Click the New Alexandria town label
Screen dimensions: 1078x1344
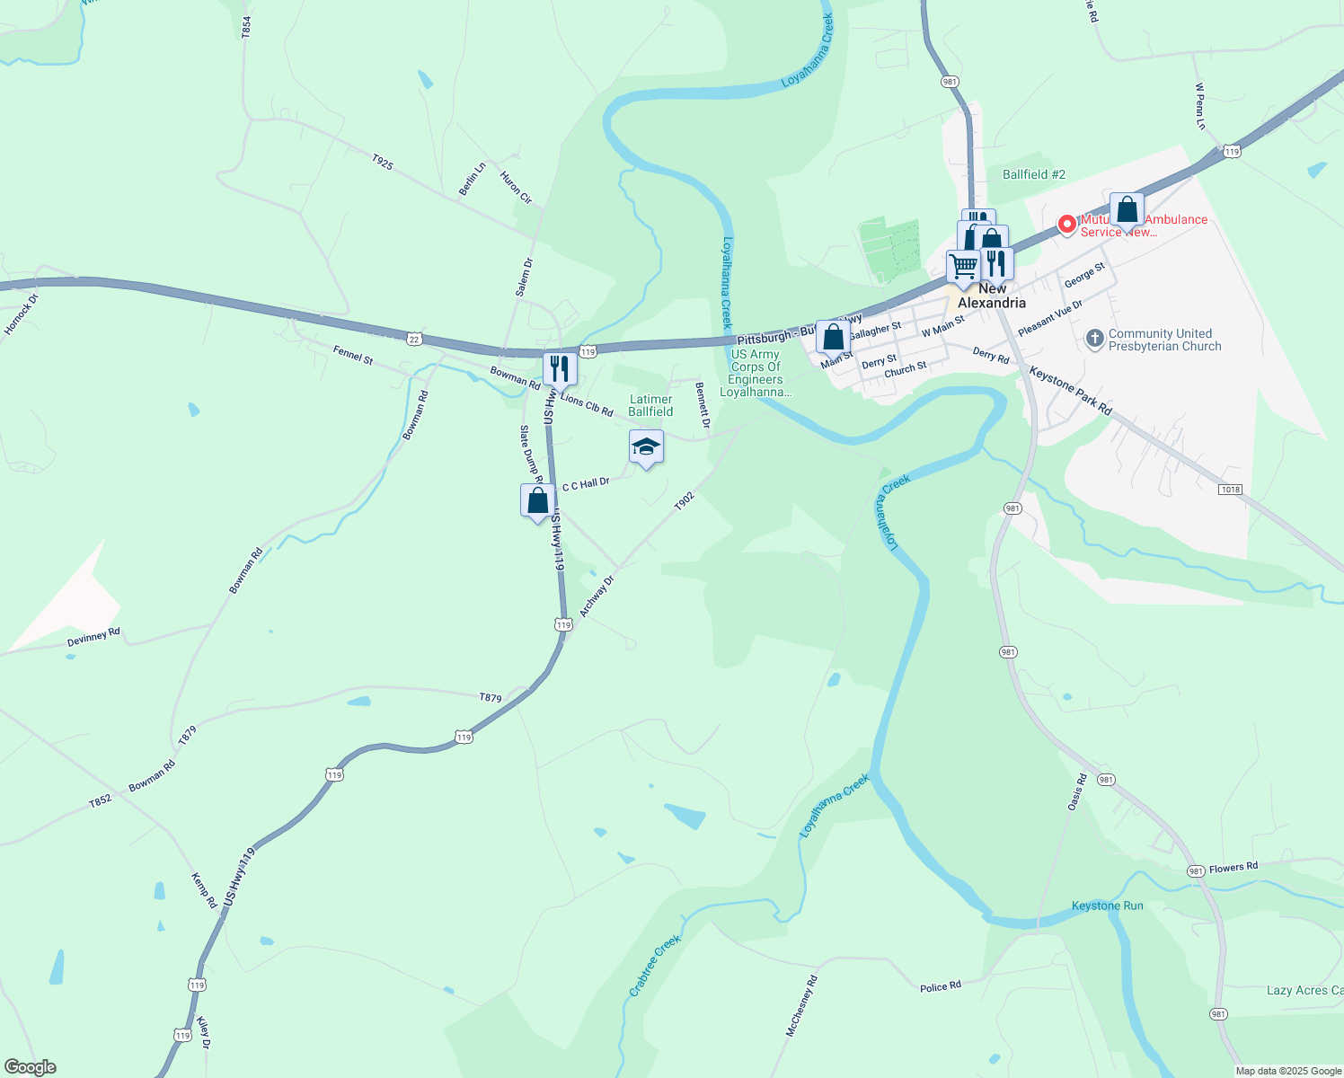992,296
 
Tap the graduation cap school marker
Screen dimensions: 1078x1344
646,446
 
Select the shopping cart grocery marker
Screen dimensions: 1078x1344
963,267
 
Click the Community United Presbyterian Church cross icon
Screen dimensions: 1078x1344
1094,339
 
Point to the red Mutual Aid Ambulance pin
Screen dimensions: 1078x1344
1066,224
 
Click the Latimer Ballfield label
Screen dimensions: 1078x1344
650,405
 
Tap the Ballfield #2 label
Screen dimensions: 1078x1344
1034,174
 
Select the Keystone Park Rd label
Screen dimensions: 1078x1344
1070,391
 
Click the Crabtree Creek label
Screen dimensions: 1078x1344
655,966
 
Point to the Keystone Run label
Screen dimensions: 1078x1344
1107,906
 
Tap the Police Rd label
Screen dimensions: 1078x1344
941,986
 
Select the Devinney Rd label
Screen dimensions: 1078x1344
93,638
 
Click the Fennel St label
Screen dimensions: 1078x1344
353,355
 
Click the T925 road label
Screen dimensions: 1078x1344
382,163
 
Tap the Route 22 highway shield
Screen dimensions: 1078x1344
413,338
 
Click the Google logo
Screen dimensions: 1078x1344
30,1067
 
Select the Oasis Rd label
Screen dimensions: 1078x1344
1076,792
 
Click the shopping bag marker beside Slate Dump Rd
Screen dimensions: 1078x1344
537,500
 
